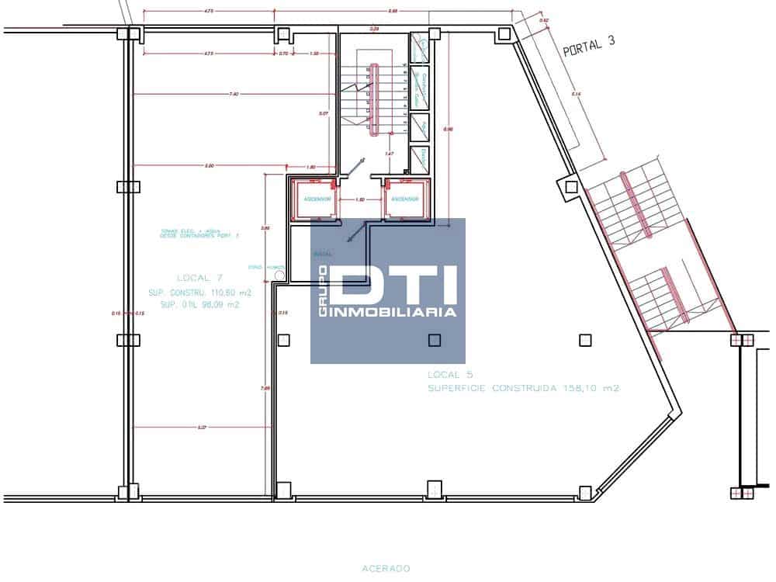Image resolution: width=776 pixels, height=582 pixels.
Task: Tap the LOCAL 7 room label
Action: (x=200, y=278)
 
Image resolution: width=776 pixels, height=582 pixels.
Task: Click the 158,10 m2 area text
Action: (x=591, y=388)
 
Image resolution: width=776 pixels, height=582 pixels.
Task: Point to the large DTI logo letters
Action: (x=396, y=284)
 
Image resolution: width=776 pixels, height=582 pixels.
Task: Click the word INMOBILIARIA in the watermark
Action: (x=395, y=312)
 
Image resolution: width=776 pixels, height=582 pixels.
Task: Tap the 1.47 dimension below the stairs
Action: (x=390, y=154)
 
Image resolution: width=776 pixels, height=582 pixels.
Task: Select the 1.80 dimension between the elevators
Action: (x=359, y=199)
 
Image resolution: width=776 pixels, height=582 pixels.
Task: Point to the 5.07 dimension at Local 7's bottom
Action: (x=201, y=427)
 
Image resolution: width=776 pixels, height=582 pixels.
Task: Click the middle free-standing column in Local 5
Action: (x=434, y=340)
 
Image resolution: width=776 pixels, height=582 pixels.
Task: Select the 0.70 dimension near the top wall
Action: (x=283, y=54)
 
